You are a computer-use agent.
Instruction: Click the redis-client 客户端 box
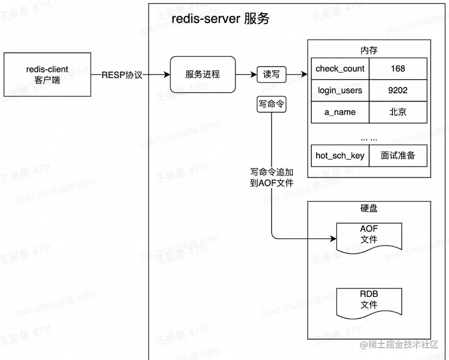pos(47,74)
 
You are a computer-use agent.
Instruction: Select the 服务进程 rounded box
pos(203,75)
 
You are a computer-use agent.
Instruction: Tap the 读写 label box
pos(271,75)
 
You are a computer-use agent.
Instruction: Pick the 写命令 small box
pos(271,105)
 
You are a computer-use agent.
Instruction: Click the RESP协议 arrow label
pos(122,75)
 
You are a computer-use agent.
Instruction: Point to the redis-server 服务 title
pos(220,20)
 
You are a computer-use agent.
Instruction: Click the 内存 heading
pos(369,51)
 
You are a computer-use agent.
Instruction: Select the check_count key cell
pos(340,69)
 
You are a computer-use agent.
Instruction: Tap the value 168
pos(398,69)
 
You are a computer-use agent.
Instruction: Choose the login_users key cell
pos(340,90)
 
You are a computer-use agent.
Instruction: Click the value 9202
pos(398,90)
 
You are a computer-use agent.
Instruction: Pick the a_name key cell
pos(340,112)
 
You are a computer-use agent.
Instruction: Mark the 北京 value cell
pos(398,112)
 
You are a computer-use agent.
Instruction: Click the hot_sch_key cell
pos(340,156)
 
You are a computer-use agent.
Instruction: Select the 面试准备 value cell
pos(398,156)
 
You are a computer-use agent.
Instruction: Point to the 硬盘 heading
pos(369,209)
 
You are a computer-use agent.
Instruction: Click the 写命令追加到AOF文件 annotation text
pos(271,178)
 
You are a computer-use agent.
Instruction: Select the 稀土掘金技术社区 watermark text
pos(403,345)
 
